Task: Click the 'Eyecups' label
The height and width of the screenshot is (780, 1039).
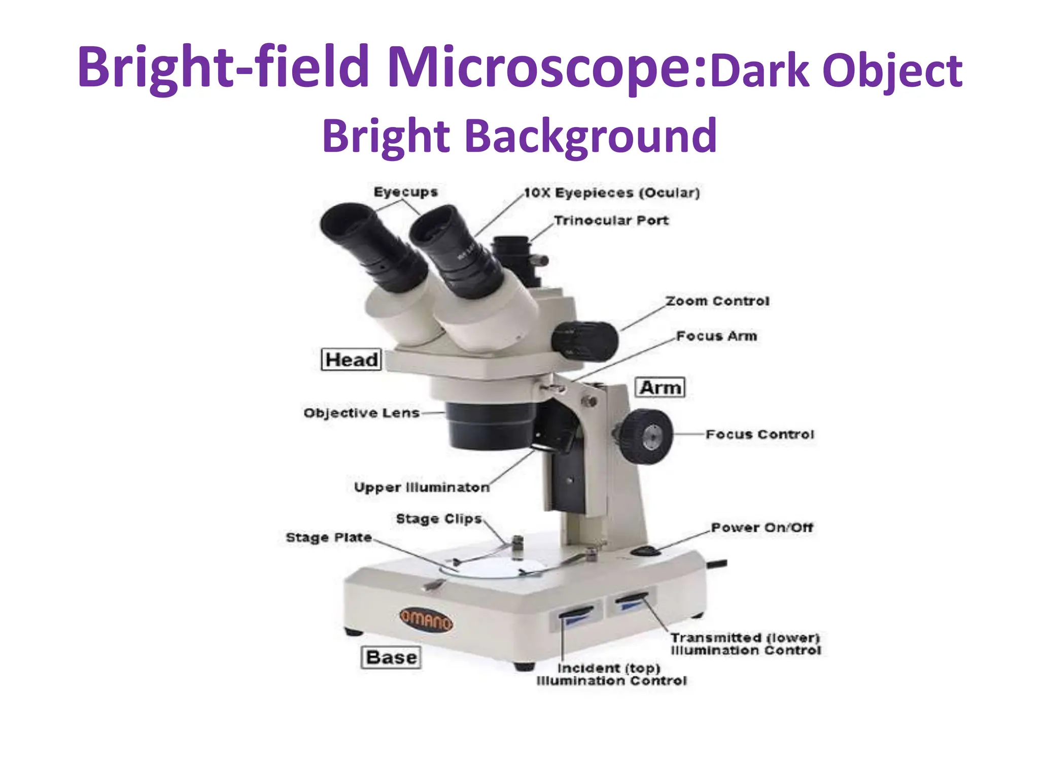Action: pos(405,192)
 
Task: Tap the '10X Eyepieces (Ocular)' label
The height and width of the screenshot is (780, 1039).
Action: pos(612,193)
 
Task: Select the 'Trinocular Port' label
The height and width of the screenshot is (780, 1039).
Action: pos(611,220)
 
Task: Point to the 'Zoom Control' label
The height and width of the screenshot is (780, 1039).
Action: pos(717,301)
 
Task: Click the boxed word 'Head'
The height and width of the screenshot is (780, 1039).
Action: pos(351,360)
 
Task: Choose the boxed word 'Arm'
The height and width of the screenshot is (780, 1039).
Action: pos(660,387)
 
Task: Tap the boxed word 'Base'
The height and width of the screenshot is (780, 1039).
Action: pos(391,657)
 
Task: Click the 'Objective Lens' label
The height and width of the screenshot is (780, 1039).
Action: pos(361,413)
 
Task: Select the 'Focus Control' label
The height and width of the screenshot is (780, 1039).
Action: pos(759,435)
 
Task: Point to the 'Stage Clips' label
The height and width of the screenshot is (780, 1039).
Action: pos(438,519)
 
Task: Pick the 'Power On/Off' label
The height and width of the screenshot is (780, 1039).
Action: pos(761,528)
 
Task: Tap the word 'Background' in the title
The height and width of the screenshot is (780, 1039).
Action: pos(590,136)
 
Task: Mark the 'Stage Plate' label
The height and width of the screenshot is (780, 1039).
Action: pos(328,537)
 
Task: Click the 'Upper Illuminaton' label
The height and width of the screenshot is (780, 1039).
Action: pos(422,487)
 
